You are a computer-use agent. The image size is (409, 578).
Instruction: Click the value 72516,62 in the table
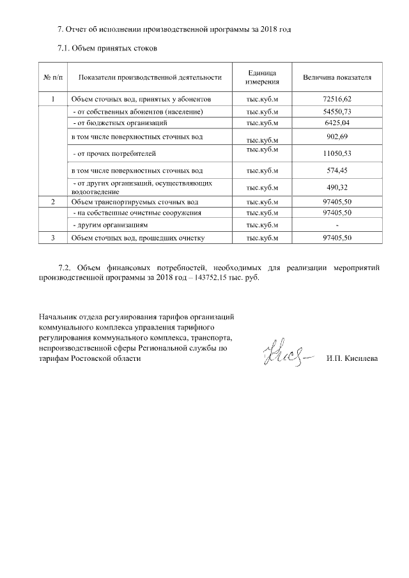click(x=337, y=99)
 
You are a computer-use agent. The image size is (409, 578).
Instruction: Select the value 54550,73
click(x=337, y=112)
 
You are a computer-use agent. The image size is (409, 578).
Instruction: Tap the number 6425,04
click(x=337, y=121)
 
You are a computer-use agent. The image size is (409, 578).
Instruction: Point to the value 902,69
click(x=337, y=136)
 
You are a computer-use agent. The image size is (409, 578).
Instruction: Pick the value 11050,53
click(x=337, y=154)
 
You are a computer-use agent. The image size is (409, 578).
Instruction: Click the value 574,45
click(x=337, y=171)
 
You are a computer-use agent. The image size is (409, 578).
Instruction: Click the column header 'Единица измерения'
click(x=262, y=77)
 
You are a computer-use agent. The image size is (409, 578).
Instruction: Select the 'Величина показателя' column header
click(x=337, y=77)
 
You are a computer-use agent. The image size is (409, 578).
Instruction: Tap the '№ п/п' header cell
click(x=52, y=77)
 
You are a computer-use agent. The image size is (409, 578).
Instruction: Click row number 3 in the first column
click(x=52, y=238)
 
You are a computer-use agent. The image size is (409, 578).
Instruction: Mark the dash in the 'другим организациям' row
click(x=337, y=225)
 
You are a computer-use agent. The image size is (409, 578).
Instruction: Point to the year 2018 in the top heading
click(x=266, y=30)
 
